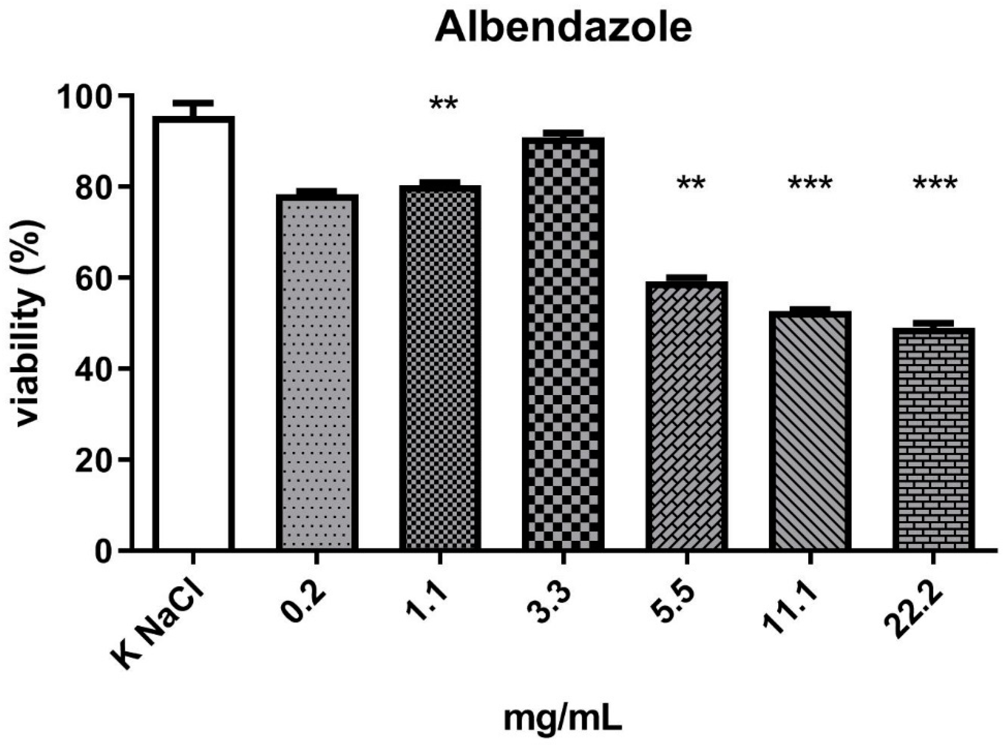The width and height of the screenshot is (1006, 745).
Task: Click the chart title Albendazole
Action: tap(563, 28)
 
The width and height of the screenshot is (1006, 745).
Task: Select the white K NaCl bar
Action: tap(193, 334)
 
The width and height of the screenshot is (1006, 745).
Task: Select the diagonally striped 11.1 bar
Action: tap(810, 431)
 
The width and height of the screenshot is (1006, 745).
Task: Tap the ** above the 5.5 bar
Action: tap(690, 184)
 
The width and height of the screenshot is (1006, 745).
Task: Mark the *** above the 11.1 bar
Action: tap(810, 184)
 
